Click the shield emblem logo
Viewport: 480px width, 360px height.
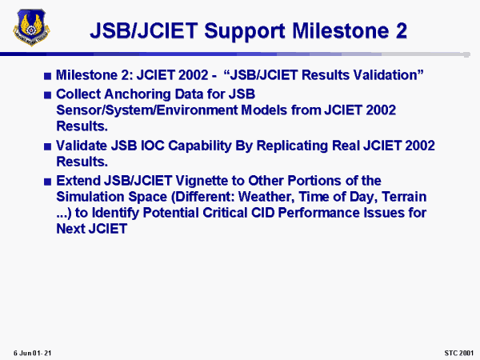31,27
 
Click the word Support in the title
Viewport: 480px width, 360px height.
245,32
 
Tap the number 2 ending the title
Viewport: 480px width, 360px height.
401,30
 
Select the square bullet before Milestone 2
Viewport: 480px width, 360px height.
47,76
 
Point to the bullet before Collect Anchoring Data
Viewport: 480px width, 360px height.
47,95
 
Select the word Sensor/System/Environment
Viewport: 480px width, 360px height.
147,110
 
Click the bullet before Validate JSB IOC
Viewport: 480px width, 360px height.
47,146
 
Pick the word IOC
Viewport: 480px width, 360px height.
153,146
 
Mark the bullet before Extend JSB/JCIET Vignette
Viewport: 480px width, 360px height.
47,182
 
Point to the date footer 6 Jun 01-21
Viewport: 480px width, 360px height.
32,354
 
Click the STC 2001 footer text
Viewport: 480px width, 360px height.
459,354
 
